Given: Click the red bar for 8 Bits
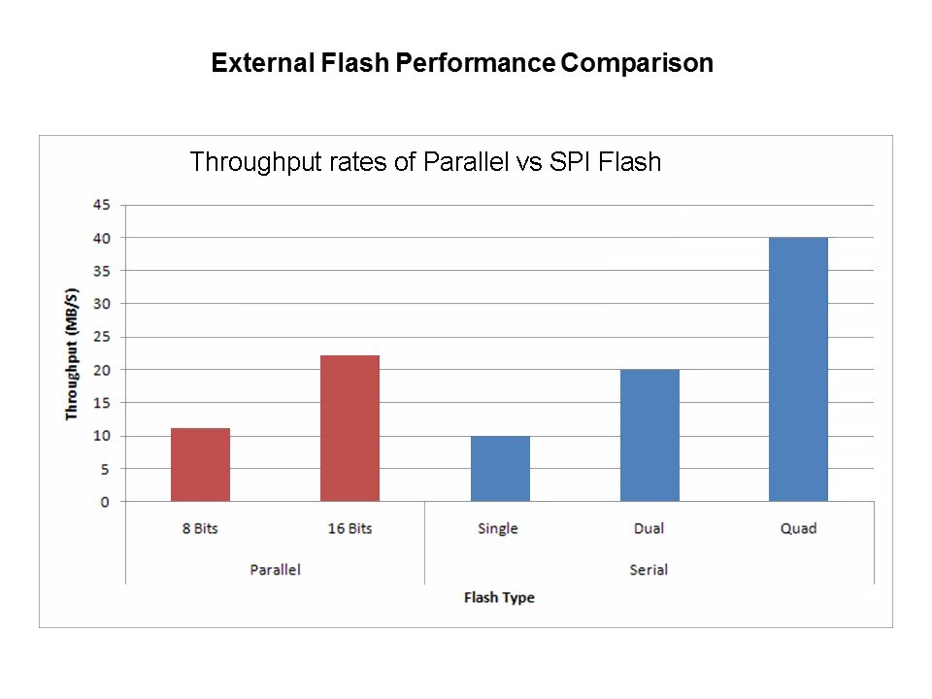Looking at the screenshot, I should [200, 465].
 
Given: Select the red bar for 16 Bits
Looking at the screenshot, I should [349, 428].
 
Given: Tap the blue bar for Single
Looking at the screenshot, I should [500, 469].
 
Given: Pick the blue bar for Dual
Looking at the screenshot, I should [649, 436].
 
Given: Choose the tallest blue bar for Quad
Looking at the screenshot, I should [798, 370].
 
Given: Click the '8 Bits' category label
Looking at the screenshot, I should [200, 529].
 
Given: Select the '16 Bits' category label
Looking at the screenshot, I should [349, 529].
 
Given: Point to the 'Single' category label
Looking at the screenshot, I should [498, 529].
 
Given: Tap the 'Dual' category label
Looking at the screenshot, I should [649, 529].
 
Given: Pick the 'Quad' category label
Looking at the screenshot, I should [798, 529].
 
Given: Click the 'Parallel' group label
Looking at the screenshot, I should [275, 570].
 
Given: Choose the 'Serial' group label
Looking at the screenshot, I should [649, 570].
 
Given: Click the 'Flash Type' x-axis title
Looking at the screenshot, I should [499, 597].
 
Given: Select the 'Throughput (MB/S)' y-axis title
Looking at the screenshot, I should [72, 353].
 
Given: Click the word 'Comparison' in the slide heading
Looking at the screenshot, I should [638, 64].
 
